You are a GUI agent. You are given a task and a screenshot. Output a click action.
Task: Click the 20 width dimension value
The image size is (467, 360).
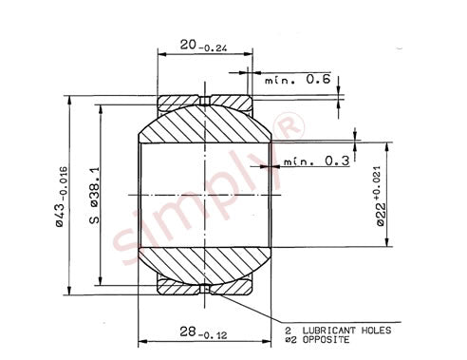(188, 45)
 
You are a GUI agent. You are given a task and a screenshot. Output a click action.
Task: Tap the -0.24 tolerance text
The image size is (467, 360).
(213, 48)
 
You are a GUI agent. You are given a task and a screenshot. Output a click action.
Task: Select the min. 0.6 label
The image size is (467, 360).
(298, 79)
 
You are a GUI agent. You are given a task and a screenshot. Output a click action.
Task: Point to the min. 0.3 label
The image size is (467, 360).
(316, 161)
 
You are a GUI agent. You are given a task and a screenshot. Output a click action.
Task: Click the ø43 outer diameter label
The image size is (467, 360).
(61, 197)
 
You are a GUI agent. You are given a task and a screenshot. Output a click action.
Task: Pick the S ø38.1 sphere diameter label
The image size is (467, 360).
(94, 196)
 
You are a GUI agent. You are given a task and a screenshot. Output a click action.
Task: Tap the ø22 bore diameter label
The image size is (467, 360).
(382, 215)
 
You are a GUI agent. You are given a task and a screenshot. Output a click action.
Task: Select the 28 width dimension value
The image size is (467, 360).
(188, 332)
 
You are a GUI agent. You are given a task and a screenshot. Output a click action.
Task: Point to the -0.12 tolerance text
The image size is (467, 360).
(213, 335)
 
